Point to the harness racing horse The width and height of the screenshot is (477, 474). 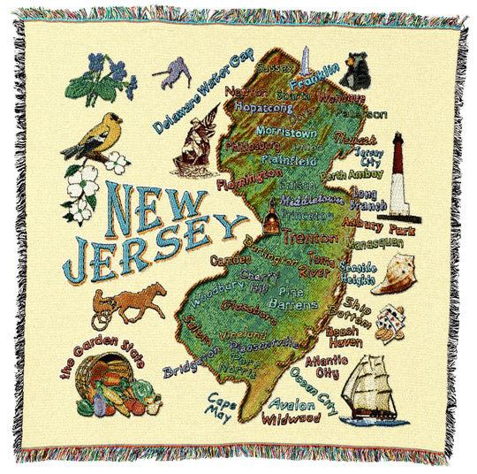pyautogui.click(x=132, y=303)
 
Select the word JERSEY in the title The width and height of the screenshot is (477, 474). pyautogui.click(x=141, y=241)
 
